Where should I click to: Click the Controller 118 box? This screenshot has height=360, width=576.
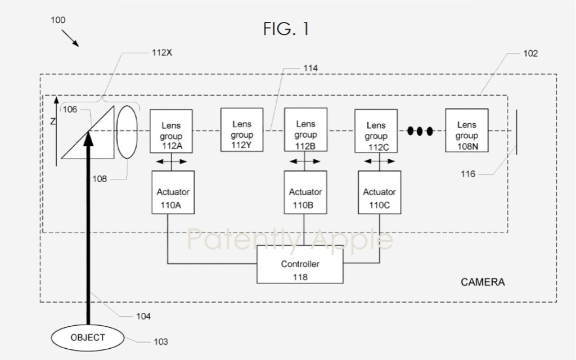click(300, 264)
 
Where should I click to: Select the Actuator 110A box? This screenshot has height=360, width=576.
click(173, 192)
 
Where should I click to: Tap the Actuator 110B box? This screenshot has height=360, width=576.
click(305, 192)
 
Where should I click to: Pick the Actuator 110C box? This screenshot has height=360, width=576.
click(380, 192)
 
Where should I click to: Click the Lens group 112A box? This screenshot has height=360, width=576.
click(171, 131)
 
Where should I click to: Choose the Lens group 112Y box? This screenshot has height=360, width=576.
click(242, 130)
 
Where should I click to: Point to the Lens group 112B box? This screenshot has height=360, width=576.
click(305, 130)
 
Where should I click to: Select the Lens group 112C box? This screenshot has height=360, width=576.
click(376, 131)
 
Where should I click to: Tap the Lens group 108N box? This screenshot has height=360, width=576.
click(467, 130)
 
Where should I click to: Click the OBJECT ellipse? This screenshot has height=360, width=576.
click(87, 338)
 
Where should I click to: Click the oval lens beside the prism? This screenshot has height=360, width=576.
click(127, 132)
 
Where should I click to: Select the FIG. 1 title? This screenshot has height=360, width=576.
click(286, 29)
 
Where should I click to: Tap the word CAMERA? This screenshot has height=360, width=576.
click(483, 282)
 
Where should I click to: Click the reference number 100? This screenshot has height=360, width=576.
click(58, 20)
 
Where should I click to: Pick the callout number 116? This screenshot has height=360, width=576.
click(468, 174)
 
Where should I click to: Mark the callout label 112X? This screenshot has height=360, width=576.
click(162, 53)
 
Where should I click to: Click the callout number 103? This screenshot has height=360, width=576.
click(160, 342)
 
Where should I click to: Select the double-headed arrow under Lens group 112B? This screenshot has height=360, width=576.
click(305, 161)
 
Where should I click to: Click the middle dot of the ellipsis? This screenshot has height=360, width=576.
click(420, 130)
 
